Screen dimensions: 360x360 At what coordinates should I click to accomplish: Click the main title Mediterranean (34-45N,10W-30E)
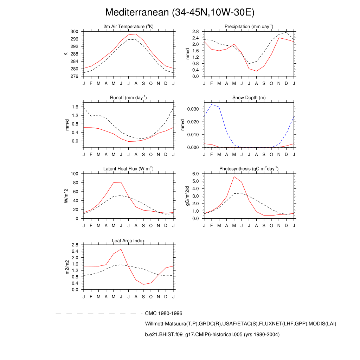[x=180, y=12]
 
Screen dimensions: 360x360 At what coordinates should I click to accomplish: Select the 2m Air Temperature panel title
[x=129, y=27]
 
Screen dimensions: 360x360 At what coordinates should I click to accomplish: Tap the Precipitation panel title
[x=249, y=27]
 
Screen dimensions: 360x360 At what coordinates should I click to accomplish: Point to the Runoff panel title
[x=129, y=97]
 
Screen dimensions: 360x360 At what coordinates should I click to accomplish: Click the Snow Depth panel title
[x=249, y=97]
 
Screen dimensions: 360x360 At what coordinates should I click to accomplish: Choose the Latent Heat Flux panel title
[x=129, y=169]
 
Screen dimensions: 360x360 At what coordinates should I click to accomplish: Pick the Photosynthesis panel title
[x=249, y=169]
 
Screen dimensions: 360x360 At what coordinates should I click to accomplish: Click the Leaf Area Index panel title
[x=129, y=240]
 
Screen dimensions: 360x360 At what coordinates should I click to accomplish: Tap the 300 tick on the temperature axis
[x=74, y=32]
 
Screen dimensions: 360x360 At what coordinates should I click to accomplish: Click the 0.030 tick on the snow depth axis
[x=193, y=109]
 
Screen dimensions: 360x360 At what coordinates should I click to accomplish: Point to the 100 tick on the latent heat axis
[x=74, y=174]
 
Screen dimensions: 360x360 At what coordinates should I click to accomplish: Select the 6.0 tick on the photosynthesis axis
[x=196, y=174]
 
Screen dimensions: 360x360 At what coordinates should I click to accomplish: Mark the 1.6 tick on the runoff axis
[x=75, y=107]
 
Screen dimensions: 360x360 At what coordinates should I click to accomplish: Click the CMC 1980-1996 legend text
[x=163, y=313]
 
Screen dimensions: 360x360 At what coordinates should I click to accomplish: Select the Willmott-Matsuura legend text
[x=240, y=324]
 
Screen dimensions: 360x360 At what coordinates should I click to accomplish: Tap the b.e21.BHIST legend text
[x=212, y=335]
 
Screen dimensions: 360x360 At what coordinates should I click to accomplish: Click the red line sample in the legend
[x=98, y=335]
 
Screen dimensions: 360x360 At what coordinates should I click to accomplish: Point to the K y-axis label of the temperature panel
[x=65, y=54]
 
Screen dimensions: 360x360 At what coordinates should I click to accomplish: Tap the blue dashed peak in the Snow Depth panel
[x=212, y=104]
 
